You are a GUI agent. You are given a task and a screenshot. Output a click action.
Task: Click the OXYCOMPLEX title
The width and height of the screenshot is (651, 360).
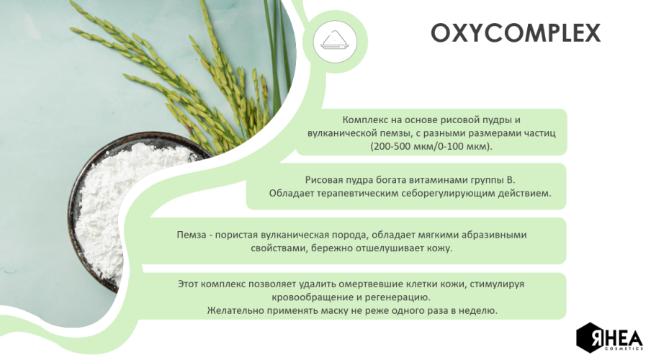click(x=515, y=33)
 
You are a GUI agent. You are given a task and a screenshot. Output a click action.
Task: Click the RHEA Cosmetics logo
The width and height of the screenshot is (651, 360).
click(x=609, y=338)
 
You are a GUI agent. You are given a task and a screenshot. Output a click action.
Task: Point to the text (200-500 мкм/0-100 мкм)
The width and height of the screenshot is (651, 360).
click(x=431, y=146)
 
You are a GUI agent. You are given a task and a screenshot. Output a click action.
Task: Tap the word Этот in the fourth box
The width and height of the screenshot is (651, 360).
click(x=189, y=284)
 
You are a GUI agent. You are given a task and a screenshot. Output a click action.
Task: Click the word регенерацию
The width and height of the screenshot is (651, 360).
click(x=403, y=297)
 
